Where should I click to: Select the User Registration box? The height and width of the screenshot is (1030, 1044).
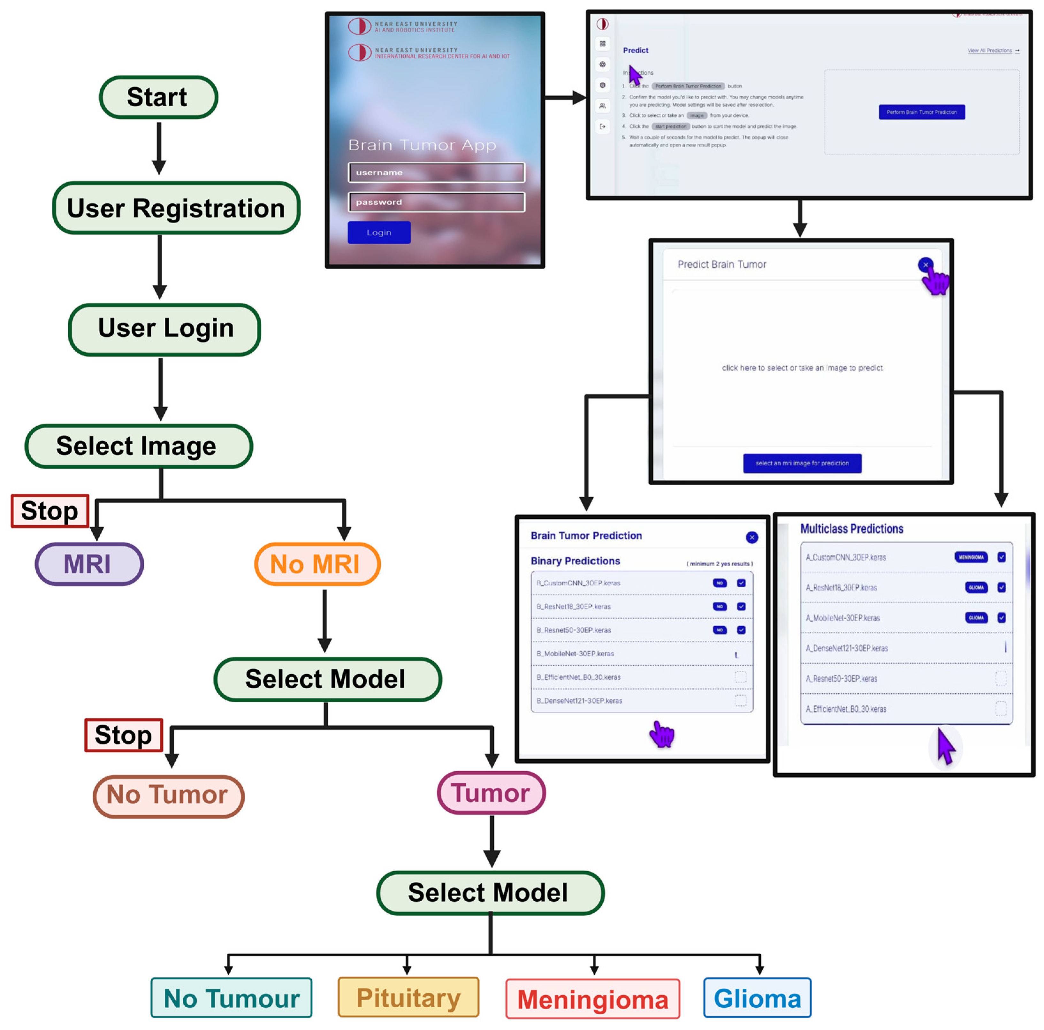(176, 208)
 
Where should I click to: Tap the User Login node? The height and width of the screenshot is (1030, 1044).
(165, 329)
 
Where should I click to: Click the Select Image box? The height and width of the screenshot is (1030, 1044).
(138, 446)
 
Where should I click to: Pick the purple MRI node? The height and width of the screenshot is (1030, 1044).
(89, 564)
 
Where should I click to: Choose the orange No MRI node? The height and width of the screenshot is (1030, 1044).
(317, 564)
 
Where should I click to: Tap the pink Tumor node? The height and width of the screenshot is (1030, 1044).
(491, 793)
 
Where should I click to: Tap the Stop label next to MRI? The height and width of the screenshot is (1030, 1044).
(50, 511)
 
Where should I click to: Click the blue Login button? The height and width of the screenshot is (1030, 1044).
(379, 233)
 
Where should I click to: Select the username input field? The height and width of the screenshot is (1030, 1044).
(436, 172)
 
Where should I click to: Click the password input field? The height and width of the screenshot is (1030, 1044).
(436, 202)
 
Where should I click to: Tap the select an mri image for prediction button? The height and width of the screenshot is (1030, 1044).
(802, 463)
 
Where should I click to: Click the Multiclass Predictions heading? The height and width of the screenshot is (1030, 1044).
(852, 529)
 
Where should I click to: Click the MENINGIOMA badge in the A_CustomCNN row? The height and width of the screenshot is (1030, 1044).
(971, 557)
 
